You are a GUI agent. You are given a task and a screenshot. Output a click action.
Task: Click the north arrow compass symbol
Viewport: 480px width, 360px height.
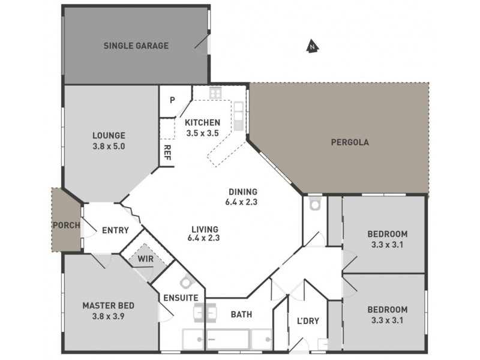pos(311,46)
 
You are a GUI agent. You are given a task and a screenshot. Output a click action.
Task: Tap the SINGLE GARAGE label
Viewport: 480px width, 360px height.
pos(136,46)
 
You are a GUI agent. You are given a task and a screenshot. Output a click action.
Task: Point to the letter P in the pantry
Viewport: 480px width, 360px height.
pos(172,100)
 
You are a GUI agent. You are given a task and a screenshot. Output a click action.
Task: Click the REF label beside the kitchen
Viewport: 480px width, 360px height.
pos(167,151)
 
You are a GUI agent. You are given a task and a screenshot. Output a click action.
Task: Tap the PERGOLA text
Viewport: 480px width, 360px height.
pos(349,143)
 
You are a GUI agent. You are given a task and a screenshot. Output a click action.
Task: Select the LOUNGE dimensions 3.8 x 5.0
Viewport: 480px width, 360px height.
pos(109,146)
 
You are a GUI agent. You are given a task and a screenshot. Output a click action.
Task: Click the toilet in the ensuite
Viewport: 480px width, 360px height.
pos(187,283)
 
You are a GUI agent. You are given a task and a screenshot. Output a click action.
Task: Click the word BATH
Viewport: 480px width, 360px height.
pos(241,314)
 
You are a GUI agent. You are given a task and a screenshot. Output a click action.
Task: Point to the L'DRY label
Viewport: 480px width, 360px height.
pos(308,320)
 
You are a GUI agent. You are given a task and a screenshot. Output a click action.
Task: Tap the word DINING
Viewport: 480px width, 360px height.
pos(242,191)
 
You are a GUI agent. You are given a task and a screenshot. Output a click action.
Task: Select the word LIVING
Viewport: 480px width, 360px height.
pos(205,229)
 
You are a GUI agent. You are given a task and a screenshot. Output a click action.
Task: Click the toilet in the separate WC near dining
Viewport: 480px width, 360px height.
pos(314,205)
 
